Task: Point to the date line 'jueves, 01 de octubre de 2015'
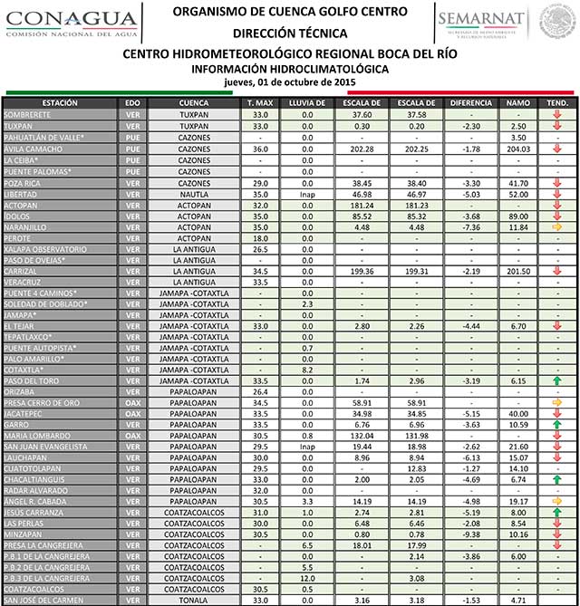click(290, 82)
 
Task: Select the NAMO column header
click(518, 103)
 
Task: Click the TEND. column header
click(557, 103)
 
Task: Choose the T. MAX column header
click(260, 103)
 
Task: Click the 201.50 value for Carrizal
click(518, 271)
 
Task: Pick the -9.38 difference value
click(469, 534)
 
